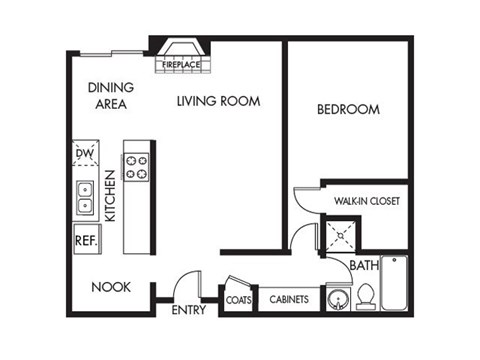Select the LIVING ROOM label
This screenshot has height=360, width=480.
click(x=219, y=101)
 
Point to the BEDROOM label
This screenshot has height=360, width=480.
click(x=347, y=109)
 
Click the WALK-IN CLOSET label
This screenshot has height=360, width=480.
click(x=367, y=201)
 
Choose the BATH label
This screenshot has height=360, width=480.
click(x=363, y=266)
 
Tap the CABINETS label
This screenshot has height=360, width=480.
click(x=289, y=299)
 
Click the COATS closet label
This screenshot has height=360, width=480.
click(x=238, y=299)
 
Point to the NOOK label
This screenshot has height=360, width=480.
click(x=111, y=287)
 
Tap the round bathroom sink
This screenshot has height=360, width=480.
click(x=338, y=299)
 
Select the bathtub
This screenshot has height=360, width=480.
click(x=395, y=284)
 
